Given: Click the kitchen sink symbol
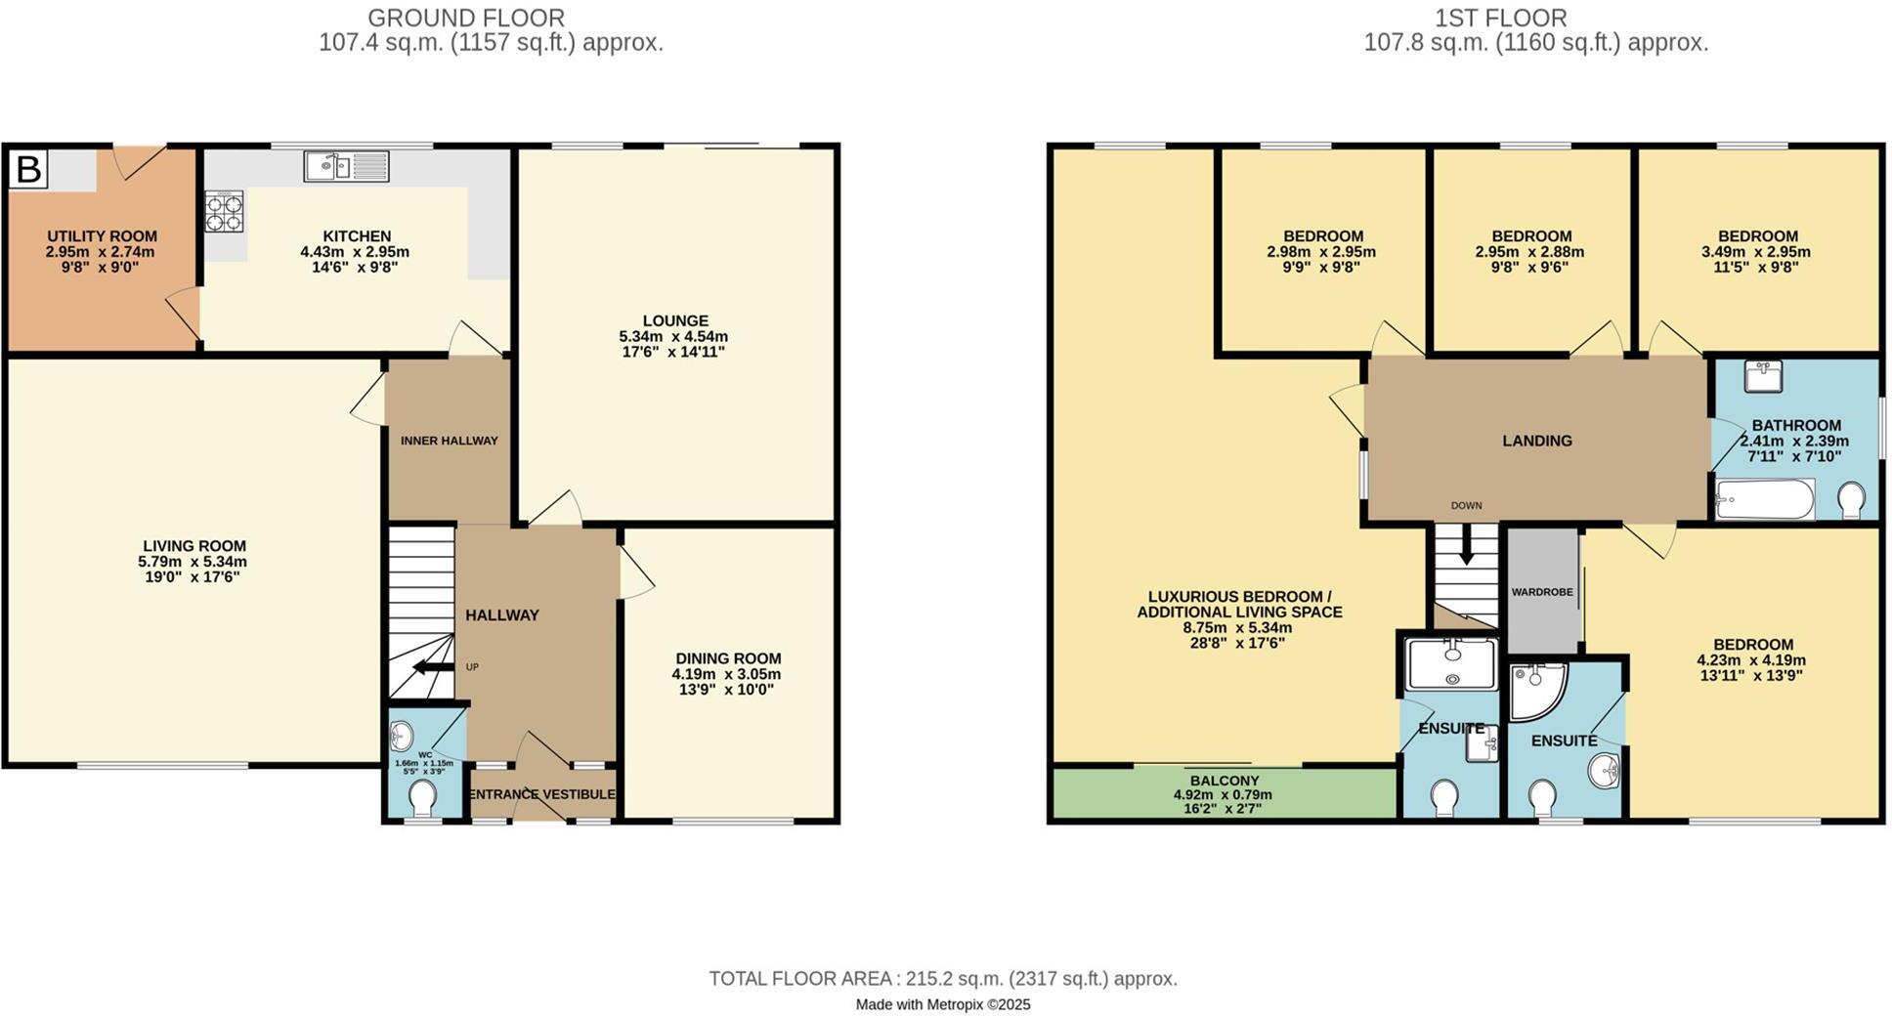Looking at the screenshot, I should click(x=345, y=166).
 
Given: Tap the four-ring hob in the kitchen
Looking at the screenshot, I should click(x=224, y=212).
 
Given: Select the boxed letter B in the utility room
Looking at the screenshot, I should click(x=28, y=169).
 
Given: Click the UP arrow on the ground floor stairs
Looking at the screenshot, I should click(x=431, y=667).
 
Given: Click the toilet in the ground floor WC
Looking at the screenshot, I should click(x=422, y=799).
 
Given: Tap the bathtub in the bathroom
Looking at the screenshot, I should click(x=1765, y=500).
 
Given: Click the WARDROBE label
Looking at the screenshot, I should click(x=1542, y=592).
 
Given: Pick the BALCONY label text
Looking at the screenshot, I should click(x=1224, y=781).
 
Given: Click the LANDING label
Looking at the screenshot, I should click(x=1536, y=441).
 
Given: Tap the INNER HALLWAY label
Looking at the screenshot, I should click(x=449, y=441).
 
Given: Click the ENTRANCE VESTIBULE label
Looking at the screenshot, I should click(x=541, y=794).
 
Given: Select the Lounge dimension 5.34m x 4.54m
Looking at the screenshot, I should click(x=673, y=336).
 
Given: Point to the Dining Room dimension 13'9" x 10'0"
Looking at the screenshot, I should click(x=727, y=690).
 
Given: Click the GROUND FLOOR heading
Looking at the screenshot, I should click(x=466, y=18).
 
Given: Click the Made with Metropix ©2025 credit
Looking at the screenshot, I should click(x=943, y=1004).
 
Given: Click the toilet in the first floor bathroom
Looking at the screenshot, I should click(x=1849, y=501).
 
